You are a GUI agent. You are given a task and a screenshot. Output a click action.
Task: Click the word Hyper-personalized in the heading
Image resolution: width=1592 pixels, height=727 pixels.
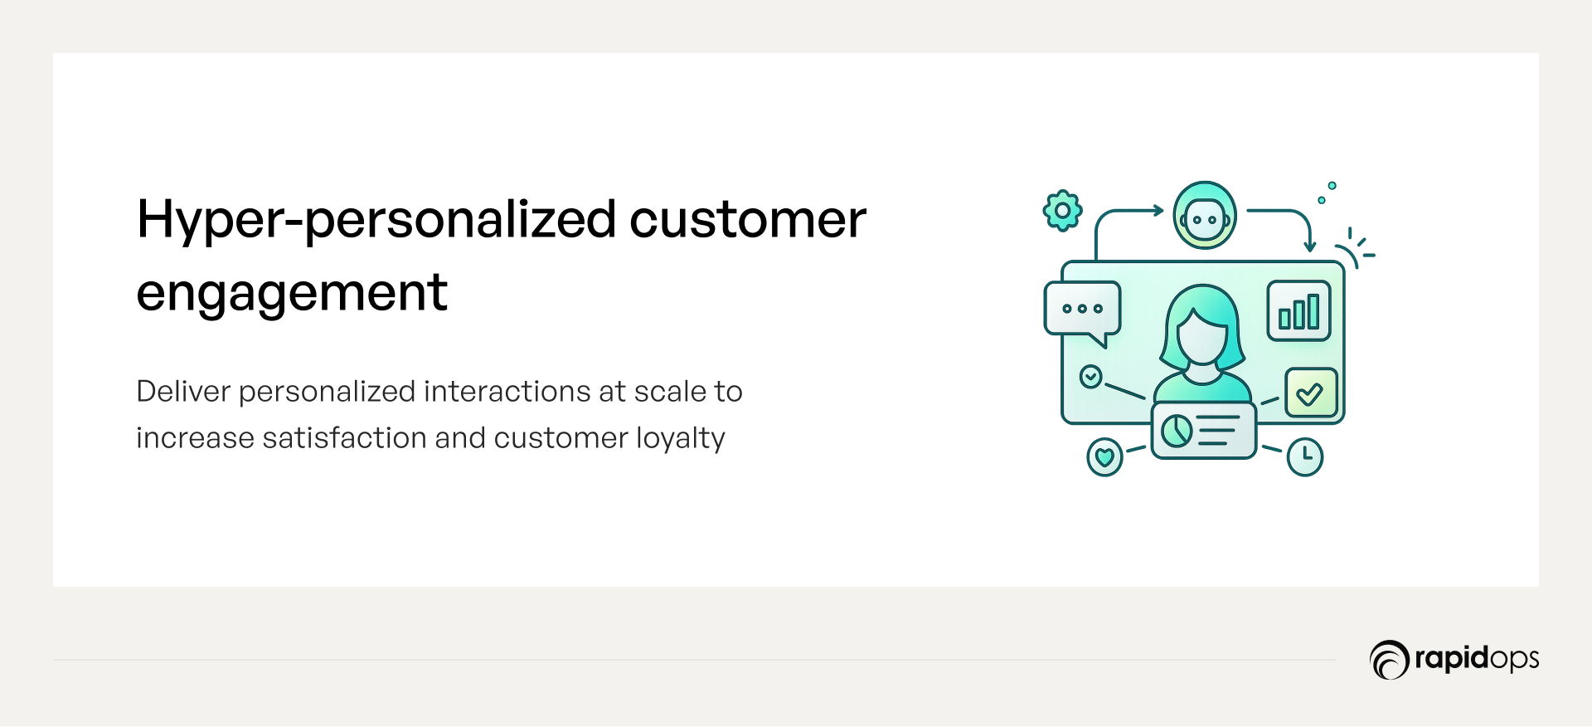(376, 221)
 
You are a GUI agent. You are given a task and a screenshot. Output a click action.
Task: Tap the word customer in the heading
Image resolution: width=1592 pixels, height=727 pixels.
(748, 221)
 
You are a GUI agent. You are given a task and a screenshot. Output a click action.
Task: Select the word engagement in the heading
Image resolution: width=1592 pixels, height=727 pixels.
(292, 294)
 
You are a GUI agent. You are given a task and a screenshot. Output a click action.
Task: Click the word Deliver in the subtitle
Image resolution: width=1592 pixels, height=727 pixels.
(182, 391)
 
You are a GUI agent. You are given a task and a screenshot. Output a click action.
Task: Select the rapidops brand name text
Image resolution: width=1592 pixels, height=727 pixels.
(1477, 659)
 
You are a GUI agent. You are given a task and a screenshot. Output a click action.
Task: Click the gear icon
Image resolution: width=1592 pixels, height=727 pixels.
(1062, 211)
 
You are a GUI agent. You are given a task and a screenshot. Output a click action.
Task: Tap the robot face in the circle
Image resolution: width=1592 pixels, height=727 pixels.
(1205, 216)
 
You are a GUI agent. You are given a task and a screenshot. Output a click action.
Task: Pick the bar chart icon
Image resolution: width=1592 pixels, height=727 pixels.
(1298, 311)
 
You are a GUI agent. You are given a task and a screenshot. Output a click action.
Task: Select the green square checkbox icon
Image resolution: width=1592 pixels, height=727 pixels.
(1311, 393)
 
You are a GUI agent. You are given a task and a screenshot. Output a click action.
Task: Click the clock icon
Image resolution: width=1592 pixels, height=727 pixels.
(1305, 456)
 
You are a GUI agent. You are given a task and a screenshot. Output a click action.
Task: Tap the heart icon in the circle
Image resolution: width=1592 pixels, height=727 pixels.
(1104, 456)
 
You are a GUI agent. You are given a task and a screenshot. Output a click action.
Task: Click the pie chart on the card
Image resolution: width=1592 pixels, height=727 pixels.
(1177, 431)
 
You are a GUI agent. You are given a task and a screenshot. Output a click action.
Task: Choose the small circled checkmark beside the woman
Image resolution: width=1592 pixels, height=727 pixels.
(1090, 377)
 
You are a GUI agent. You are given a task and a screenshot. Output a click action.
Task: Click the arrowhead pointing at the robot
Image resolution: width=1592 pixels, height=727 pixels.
(1158, 210)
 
